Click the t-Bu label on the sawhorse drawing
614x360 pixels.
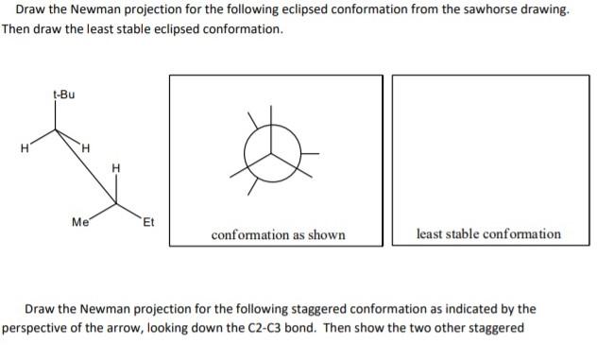pyautogui.click(x=65, y=94)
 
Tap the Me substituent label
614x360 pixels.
pyautogui.click(x=80, y=223)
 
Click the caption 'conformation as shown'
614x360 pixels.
pyautogui.click(x=278, y=234)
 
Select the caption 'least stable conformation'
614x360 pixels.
pyautogui.click(x=488, y=233)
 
